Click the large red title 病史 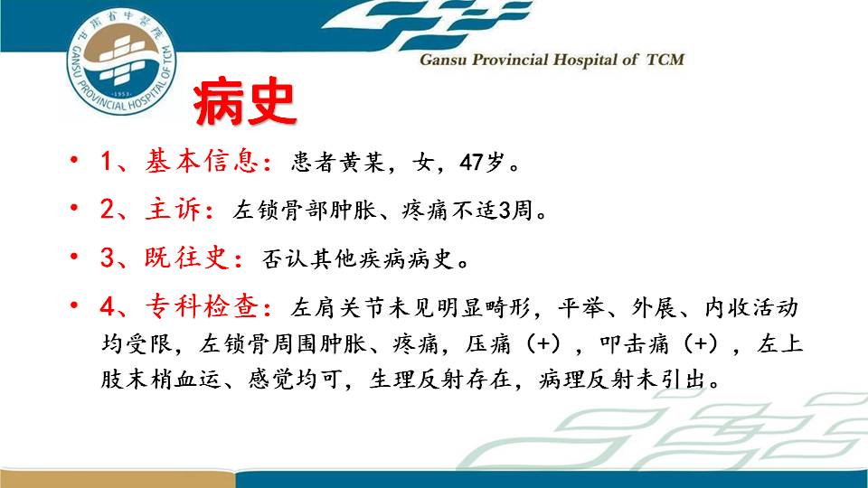pyautogui.click(x=245, y=103)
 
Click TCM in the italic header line pyautogui.click(x=665, y=60)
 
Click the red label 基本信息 pyautogui.click(x=202, y=162)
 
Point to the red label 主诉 pyautogui.click(x=174, y=210)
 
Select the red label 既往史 pyautogui.click(x=188, y=258)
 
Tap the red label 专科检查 pyautogui.click(x=202, y=306)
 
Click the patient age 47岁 pyautogui.click(x=482, y=162)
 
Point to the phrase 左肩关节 pyautogui.click(x=337, y=307)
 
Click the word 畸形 pyautogui.click(x=507, y=307)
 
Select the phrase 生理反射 pyautogui.click(x=416, y=380)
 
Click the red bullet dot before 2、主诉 pyautogui.click(x=74, y=209)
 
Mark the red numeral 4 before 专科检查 pyautogui.click(x=108, y=306)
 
